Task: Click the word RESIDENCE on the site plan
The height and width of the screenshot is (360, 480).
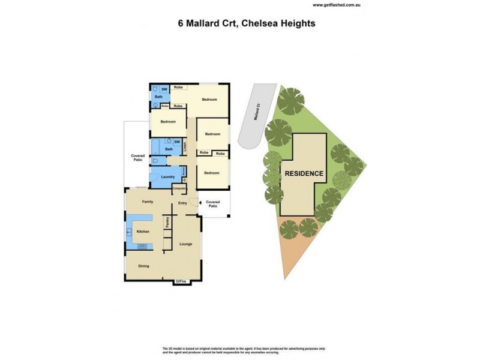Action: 304,173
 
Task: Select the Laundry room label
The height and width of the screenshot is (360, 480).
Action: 168,176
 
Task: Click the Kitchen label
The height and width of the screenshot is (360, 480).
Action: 142,231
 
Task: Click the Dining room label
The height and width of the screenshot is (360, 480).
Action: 143,266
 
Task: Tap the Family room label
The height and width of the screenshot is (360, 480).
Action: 148,202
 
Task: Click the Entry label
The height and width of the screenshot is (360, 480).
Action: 182,203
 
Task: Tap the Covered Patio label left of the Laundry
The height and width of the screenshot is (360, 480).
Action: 137,158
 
